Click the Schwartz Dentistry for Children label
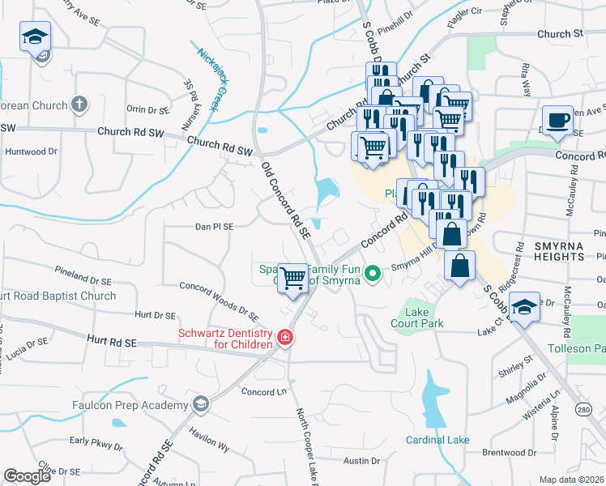pyautogui.click(x=225, y=338)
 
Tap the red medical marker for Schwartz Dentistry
pyautogui.click(x=284, y=337)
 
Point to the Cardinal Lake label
pyautogui.click(x=437, y=440)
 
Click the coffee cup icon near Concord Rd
pyautogui.click(x=557, y=120)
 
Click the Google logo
pyautogui.click(x=28, y=475)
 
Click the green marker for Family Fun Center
pyautogui.click(x=373, y=274)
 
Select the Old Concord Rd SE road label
pyautogui.click(x=286, y=198)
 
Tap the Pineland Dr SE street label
pyautogui.click(x=83, y=274)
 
